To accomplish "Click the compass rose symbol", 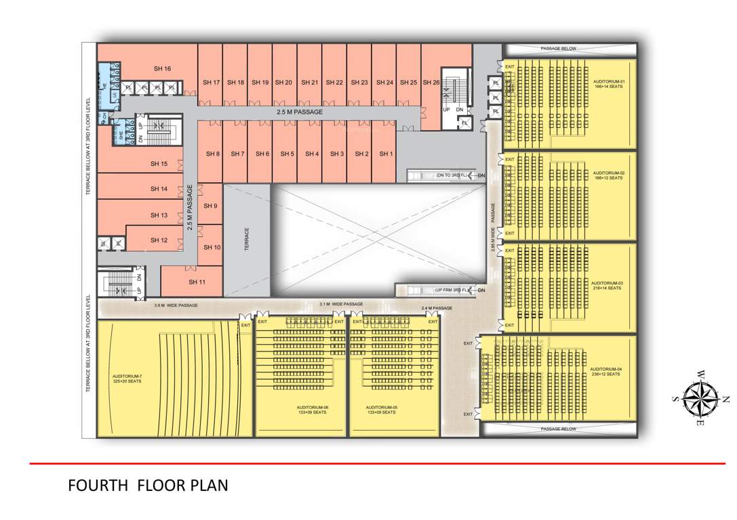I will [x=701, y=399].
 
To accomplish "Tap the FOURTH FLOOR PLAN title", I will [x=148, y=485].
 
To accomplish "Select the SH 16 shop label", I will [x=162, y=68].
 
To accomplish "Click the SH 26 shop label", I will [x=431, y=83].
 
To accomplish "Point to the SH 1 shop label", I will [x=386, y=154].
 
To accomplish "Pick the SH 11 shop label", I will [x=197, y=282].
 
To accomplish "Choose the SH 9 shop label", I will [x=211, y=206].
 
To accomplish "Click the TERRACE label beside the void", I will [x=247, y=240].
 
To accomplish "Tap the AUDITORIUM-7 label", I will [x=127, y=378].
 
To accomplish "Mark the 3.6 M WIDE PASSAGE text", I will [x=176, y=305].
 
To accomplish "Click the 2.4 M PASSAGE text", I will [x=437, y=309].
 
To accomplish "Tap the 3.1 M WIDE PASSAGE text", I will [x=341, y=304].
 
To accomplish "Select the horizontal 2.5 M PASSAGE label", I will [x=300, y=112].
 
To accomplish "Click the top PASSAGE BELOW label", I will [x=559, y=49].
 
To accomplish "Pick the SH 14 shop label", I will [x=159, y=190].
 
